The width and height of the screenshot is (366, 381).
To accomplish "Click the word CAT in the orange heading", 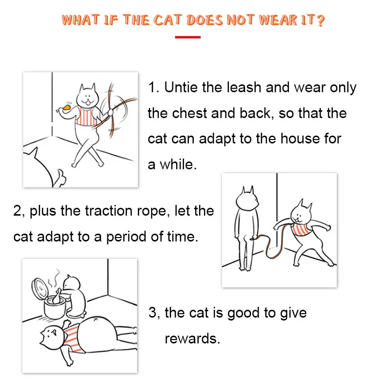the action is coord(167,20).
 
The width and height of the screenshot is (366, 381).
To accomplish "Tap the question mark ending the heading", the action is coord(321,20).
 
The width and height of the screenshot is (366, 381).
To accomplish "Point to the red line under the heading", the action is coord(187,37).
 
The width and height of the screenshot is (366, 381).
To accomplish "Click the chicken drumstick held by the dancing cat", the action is coord(65,108).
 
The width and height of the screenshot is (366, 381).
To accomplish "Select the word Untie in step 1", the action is coord(181,87).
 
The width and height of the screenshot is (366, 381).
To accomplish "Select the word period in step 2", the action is coord(126,237).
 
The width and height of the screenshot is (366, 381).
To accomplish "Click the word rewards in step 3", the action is coord(192,339).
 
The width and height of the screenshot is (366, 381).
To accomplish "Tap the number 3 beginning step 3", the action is coord(152,312).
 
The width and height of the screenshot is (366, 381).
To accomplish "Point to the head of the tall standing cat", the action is coord(247,199).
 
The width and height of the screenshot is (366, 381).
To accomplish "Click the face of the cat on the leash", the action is coord(300,213).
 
